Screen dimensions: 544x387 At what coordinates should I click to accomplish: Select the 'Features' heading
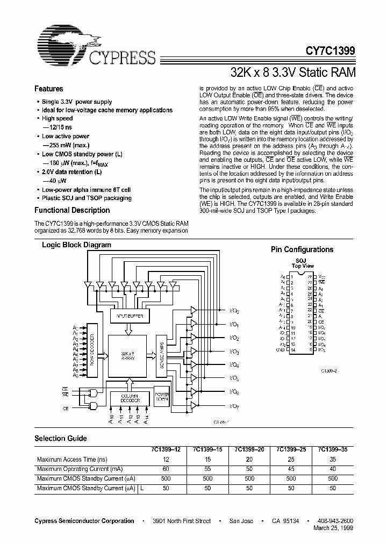[48, 89]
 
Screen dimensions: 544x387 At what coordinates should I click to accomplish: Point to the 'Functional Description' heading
[72, 211]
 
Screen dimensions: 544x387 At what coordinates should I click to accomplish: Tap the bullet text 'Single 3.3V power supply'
[77, 102]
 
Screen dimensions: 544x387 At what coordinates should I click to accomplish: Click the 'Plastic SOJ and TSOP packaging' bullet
[87, 198]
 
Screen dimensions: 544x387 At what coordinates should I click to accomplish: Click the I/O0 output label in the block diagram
[234, 311]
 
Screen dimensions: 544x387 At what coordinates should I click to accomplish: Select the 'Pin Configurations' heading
[302, 249]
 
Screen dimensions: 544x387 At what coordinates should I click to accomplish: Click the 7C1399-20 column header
[249, 449]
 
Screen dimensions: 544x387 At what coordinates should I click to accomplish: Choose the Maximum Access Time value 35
[333, 460]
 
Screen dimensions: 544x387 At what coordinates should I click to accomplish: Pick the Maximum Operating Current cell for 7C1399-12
[166, 469]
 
